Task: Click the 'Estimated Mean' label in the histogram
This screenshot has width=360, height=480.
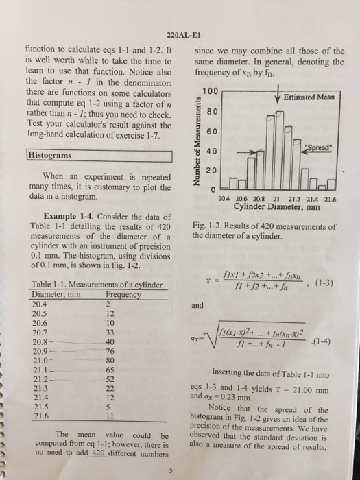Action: (x=308, y=97)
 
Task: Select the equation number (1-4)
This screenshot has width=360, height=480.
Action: (x=325, y=341)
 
